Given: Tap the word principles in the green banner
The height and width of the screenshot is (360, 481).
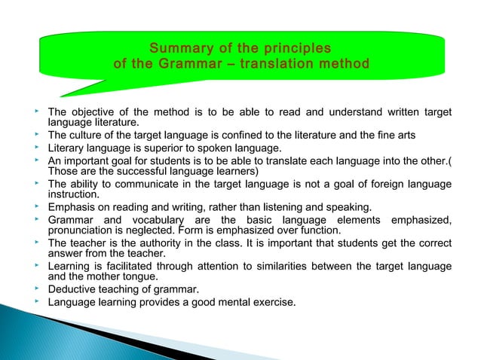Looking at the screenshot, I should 296,49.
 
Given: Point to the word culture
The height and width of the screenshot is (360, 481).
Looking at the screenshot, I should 89,136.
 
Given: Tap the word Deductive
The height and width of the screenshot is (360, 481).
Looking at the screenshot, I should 72,290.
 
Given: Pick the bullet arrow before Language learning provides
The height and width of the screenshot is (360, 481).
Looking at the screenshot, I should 36,302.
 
